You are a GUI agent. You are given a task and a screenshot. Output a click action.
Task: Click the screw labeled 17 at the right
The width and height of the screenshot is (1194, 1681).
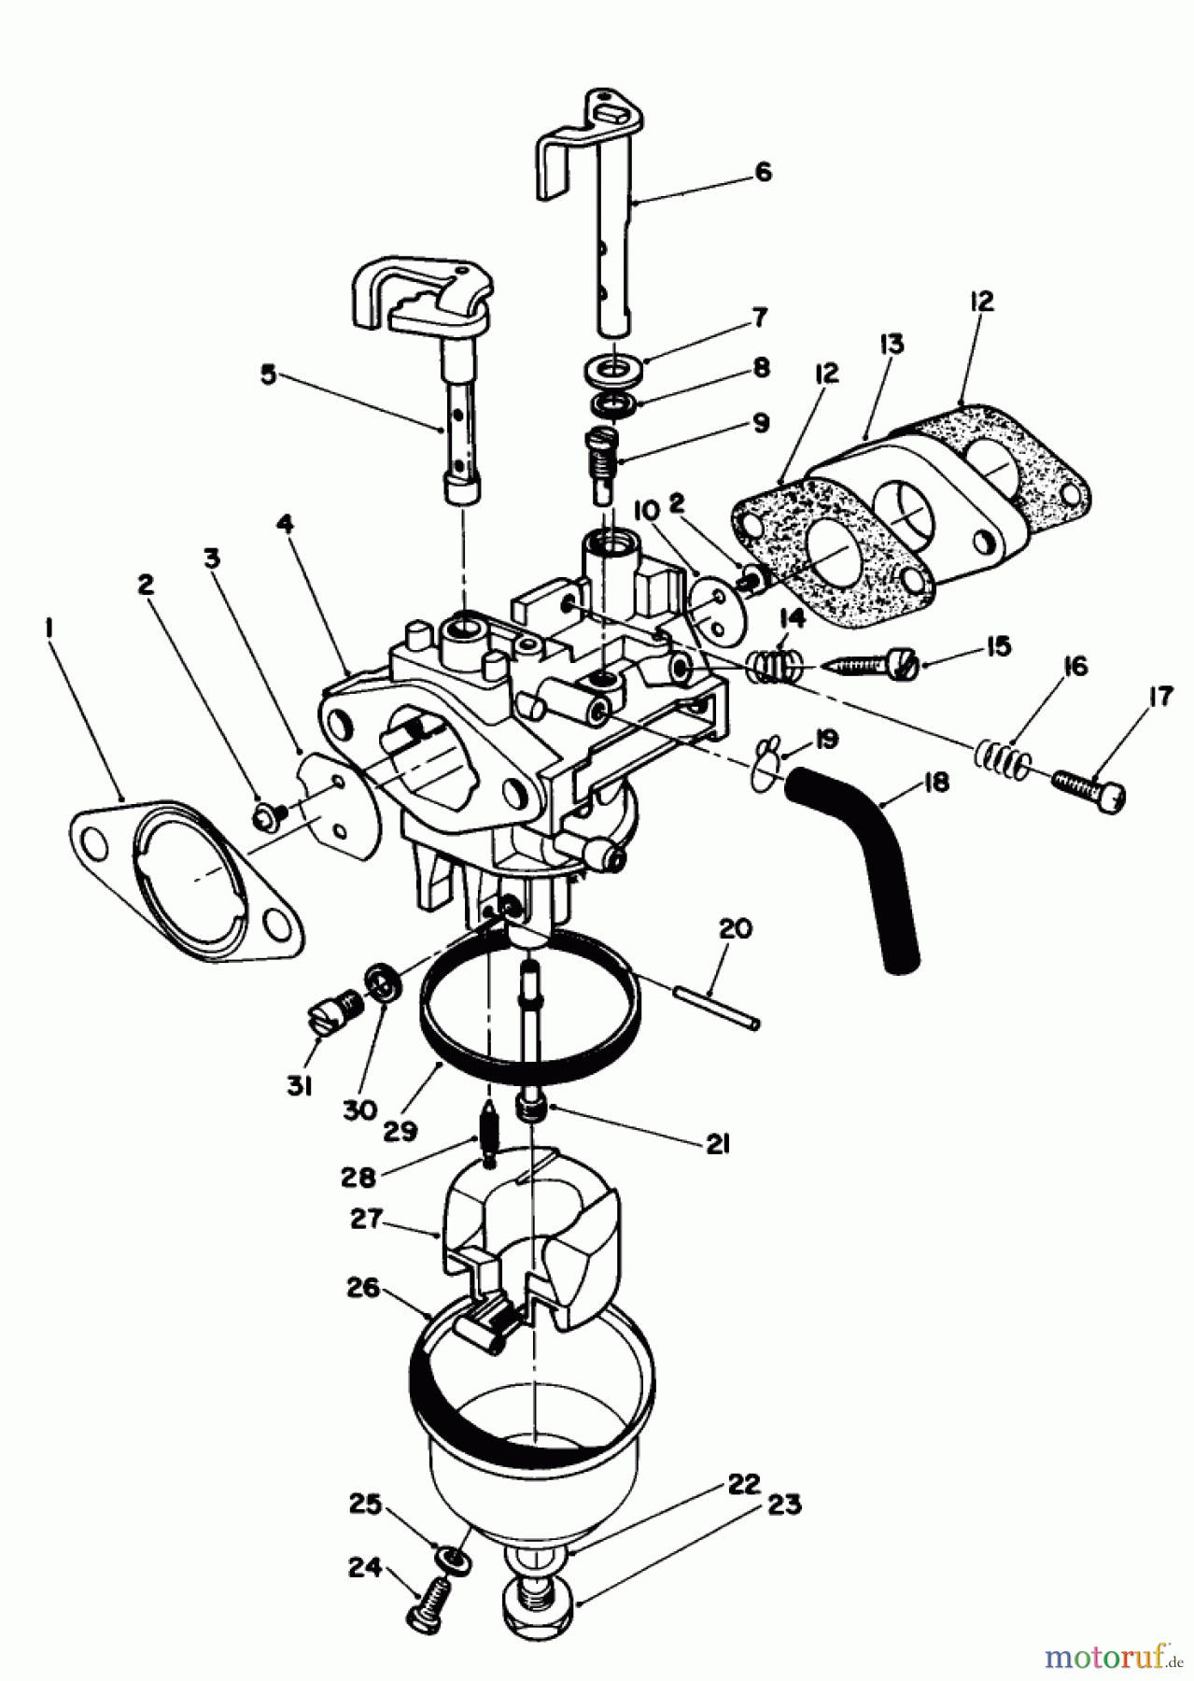[x=1089, y=793]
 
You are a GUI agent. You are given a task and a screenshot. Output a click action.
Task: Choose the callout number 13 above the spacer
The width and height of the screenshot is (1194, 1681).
[x=891, y=345]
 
